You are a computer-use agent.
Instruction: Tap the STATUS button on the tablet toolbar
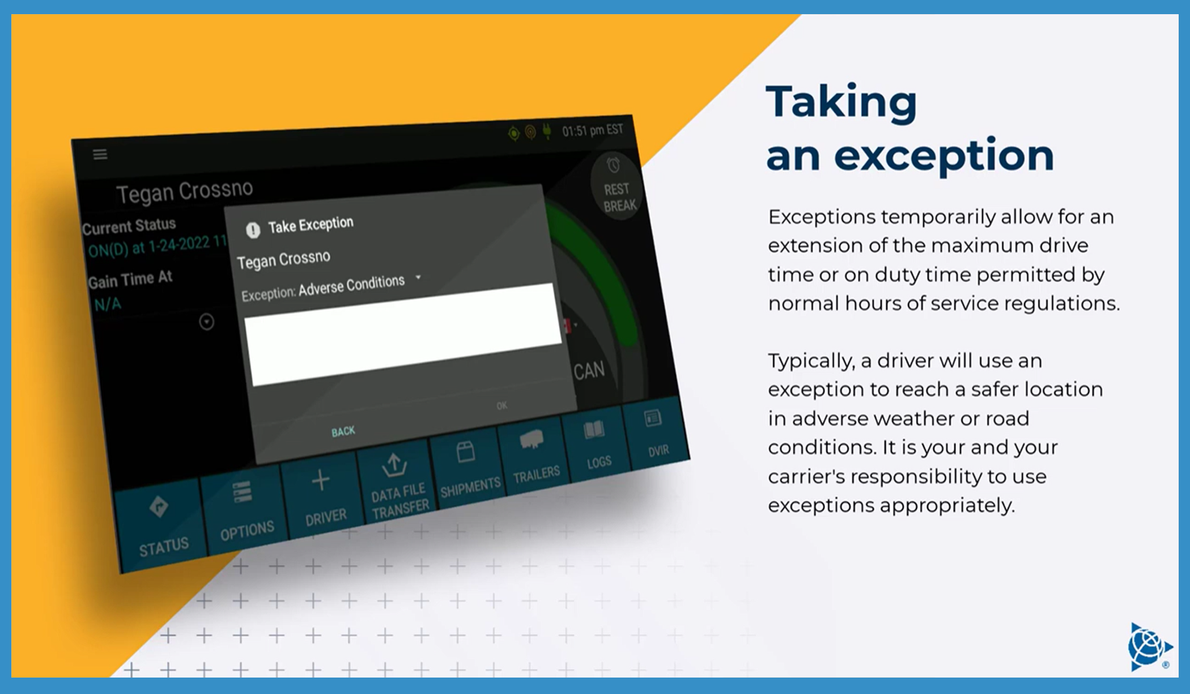pos(160,525)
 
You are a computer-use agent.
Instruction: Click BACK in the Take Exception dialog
pos(343,431)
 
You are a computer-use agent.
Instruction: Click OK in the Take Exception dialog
pos(501,405)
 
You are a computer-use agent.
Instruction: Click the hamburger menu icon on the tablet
pos(100,154)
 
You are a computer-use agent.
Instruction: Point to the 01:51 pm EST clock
pos(592,130)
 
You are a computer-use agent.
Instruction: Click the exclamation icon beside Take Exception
pos(253,230)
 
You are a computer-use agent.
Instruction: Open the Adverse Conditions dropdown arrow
pos(418,277)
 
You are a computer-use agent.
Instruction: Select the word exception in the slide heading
pos(943,155)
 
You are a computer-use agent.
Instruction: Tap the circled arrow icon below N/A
pos(207,322)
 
